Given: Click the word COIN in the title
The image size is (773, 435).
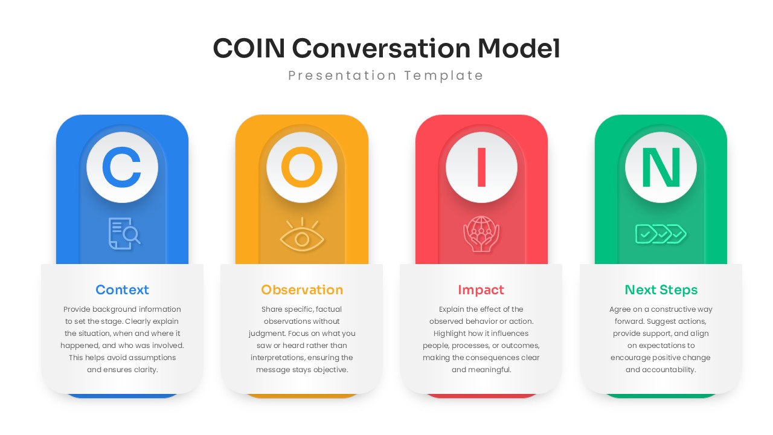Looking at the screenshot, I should coord(249,48).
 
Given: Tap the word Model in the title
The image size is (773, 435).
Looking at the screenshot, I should coord(519,48).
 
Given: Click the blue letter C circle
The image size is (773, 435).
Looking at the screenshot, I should coord(122,167).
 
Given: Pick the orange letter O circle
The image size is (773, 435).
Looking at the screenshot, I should coord(302,167).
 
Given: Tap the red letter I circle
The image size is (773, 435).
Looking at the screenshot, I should coord(481,167).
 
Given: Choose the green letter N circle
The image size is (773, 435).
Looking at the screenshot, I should coord(661,167).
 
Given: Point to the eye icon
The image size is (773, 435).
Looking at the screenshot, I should coord(302,234).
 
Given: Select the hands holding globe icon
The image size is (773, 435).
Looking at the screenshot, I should coord(481,234).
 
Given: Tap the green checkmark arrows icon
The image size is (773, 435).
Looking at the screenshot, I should coord(661,233).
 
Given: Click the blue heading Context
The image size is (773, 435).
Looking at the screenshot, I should coord(122,290).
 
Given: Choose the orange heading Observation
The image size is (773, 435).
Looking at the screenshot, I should coord(302,290).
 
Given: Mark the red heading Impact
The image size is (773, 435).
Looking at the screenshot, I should coord(481,290).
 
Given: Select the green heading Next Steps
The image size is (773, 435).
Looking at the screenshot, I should coord(661,290).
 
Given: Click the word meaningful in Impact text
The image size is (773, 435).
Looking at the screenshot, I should coord(490,370).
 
